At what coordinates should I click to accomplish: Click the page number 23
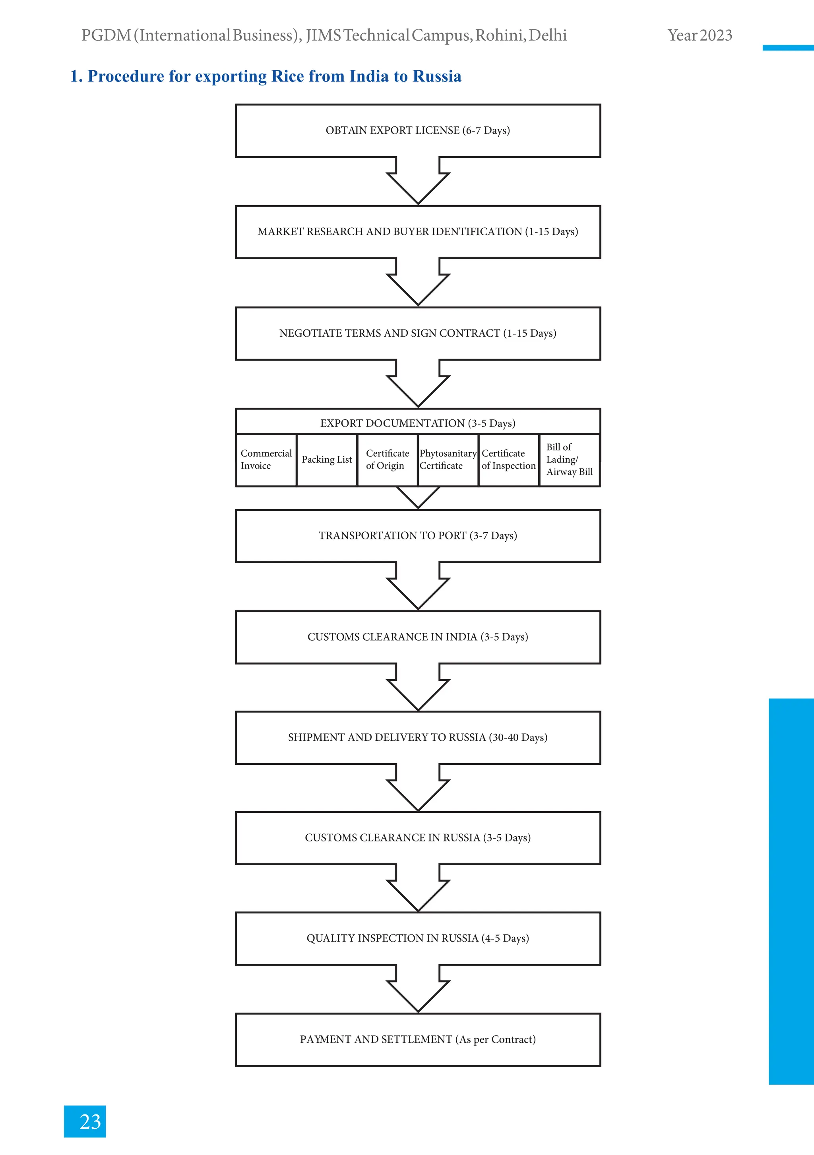tap(90, 1121)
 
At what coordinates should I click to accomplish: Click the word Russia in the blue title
tap(437, 76)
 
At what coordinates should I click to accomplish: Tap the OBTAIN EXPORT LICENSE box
tap(418, 130)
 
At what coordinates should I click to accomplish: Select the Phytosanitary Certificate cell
tap(448, 460)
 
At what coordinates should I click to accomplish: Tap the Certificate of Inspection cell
tap(509, 460)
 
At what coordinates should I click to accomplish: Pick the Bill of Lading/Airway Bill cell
tap(569, 460)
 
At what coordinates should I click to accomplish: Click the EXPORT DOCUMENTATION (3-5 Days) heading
tap(418, 423)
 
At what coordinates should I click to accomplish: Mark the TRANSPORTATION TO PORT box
tap(418, 536)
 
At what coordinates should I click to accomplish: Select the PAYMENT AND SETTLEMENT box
tap(418, 1039)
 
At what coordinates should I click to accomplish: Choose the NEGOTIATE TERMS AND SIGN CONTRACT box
tap(418, 333)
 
